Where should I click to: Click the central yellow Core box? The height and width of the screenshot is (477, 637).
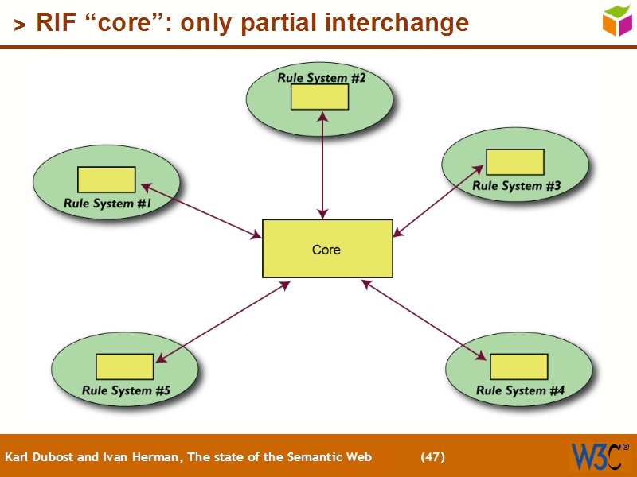pos(327,249)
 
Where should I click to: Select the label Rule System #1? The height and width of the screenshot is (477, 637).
pos(107,204)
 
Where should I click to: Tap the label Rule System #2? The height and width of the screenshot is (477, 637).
pos(321,78)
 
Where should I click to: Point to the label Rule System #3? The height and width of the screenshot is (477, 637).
pos(517,186)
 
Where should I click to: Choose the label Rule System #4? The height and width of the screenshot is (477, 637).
pos(521,390)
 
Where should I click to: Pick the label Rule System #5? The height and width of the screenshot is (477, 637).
pos(126,390)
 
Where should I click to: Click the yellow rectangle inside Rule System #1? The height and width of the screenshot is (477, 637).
pos(107,180)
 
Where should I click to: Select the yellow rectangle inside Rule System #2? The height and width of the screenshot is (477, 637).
pos(319,96)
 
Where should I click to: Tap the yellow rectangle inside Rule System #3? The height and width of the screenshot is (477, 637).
pos(515,162)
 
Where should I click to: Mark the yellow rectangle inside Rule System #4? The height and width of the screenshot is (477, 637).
pos(518,366)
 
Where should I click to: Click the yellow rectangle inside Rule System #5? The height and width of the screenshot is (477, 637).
pos(125,366)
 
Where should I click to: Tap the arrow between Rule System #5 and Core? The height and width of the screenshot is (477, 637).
pos(223,322)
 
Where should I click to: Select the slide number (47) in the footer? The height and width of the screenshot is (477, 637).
pos(432,456)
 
